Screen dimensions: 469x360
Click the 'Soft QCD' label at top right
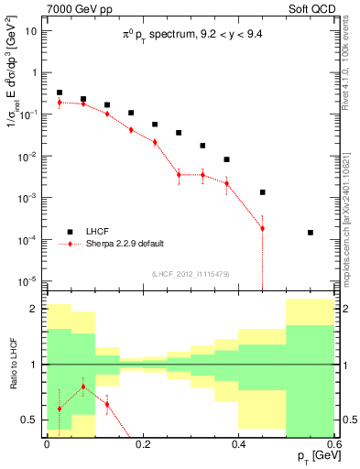(x=313, y=9)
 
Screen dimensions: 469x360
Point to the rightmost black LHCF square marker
(x=311, y=233)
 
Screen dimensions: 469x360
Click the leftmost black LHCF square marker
(x=60, y=93)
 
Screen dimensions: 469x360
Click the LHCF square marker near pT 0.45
(x=263, y=192)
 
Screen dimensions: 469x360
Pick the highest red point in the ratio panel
(x=83, y=387)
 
